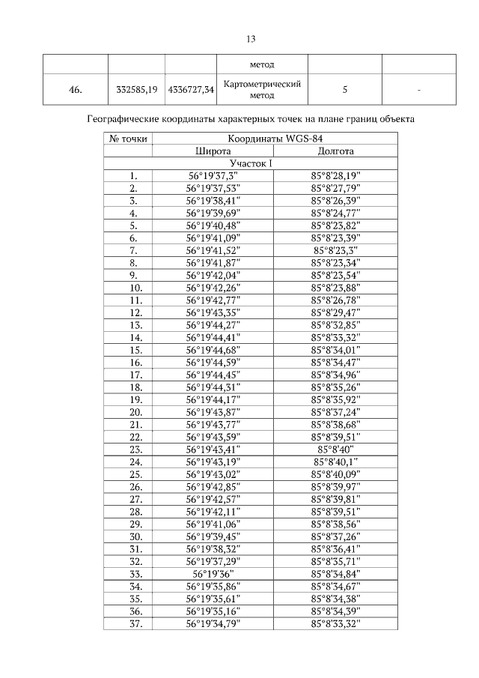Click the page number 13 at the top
pyautogui.click(x=251, y=39)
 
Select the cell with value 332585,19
pyautogui.click(x=137, y=90)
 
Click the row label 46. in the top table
pyautogui.click(x=75, y=90)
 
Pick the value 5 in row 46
pyautogui.click(x=344, y=90)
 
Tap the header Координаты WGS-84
pyautogui.click(x=275, y=139)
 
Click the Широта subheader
pyautogui.click(x=213, y=151)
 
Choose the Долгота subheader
pyautogui.click(x=336, y=151)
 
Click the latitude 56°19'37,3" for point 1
pyautogui.click(x=213, y=175)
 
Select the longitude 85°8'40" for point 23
pyautogui.click(x=336, y=450)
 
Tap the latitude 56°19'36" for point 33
pyautogui.click(x=213, y=574)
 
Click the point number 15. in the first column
pyautogui.click(x=135, y=350)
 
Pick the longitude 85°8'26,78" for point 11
pyautogui.click(x=336, y=300)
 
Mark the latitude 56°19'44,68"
pyautogui.click(x=213, y=350)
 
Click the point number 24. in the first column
pyautogui.click(x=135, y=461)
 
